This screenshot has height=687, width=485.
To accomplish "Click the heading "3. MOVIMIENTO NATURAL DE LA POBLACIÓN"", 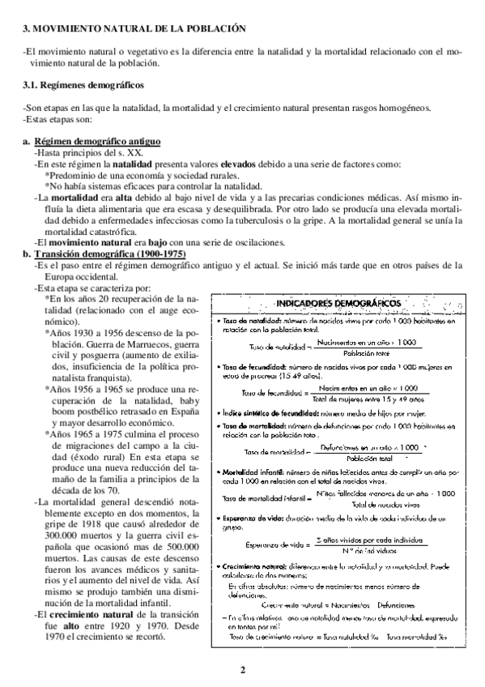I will (x=134, y=29).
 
